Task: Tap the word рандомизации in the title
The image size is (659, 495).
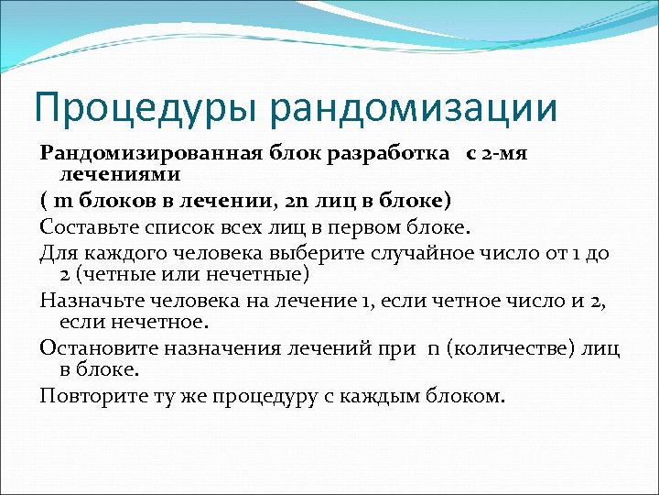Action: click(413, 106)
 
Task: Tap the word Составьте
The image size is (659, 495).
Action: click(94, 225)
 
